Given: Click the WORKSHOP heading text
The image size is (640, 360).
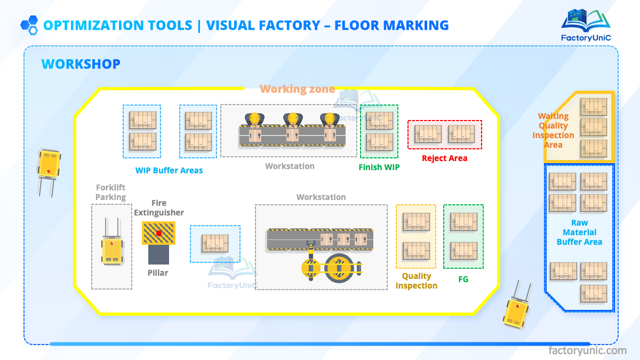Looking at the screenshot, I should point(81,65).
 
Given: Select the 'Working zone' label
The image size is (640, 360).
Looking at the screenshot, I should point(297,89).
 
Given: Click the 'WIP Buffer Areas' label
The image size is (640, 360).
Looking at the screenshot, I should point(169,171).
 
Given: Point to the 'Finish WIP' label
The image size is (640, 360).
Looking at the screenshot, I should point(379,167).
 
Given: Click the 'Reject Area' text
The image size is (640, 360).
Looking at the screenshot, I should point(444,158).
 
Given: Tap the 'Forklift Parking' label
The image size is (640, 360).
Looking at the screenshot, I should point(111,193).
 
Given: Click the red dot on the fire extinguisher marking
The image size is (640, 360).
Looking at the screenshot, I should point(158,233).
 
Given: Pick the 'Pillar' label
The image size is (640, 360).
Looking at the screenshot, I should point(158,273).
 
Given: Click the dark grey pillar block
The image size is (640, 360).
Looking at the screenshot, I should point(158,255).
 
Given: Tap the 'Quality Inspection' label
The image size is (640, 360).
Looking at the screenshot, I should point(417,281).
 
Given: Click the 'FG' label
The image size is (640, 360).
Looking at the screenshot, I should point(463,279).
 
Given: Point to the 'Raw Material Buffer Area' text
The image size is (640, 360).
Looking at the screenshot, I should point(579,233).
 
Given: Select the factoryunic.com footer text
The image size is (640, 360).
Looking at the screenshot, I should point(588,350).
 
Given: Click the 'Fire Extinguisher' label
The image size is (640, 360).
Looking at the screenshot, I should point(159,207).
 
